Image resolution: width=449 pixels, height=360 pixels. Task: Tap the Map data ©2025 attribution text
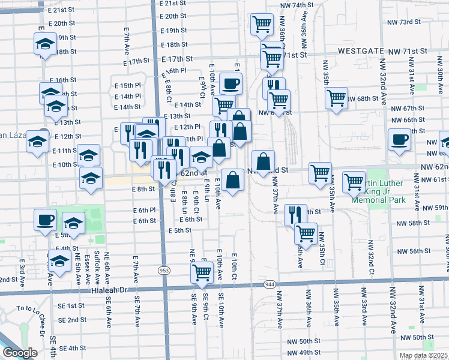pos(423,355)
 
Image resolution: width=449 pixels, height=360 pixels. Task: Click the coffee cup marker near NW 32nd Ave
pos(399,141)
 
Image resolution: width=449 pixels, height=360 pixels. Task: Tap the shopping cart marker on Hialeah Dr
pos(202,273)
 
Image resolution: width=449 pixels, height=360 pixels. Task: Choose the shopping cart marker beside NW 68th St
pos(337,98)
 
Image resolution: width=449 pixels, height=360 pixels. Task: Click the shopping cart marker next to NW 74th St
pos(261,25)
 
